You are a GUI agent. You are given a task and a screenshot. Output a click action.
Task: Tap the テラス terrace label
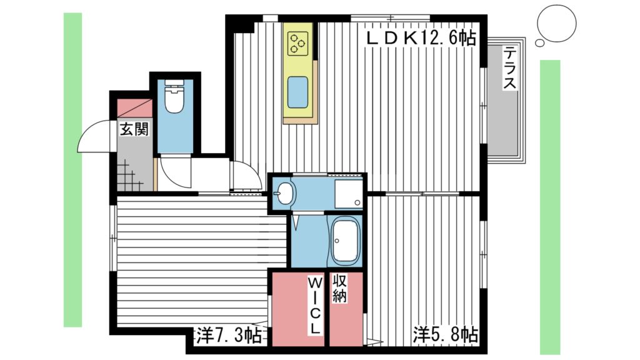point(511,67)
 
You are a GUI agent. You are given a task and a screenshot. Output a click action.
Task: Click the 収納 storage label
point(339,288)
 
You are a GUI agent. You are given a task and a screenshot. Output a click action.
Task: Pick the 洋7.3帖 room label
point(228,336)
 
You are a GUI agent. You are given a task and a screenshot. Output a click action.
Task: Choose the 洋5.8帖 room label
point(444,336)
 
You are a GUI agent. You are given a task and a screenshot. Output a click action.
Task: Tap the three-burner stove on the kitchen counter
point(297,42)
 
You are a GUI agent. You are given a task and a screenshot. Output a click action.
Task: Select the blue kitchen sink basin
point(297,92)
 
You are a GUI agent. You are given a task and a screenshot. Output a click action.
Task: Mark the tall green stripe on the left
point(72,169)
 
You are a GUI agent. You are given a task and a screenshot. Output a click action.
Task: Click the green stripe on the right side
point(550,206)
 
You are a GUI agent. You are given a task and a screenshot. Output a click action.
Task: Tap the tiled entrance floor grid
point(129,175)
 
